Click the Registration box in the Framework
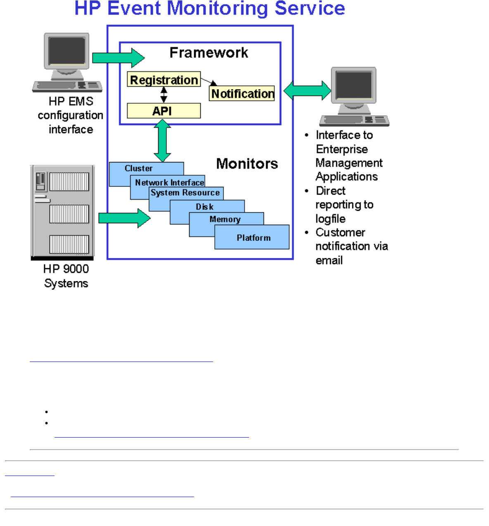[x=164, y=80]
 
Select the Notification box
[x=242, y=94]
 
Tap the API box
[x=164, y=111]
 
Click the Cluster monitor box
[x=139, y=169]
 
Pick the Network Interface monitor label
[x=169, y=182]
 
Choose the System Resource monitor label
[x=185, y=193]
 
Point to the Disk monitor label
[x=205, y=207]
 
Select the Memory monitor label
[x=225, y=219]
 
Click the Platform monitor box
[x=253, y=238]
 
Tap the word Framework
[x=209, y=53]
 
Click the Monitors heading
[x=247, y=164]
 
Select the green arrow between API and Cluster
[x=162, y=141]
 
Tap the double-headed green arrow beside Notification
[x=308, y=90]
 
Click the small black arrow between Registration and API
[x=164, y=95]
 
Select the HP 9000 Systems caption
[x=66, y=276]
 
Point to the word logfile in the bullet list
[x=330, y=219]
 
